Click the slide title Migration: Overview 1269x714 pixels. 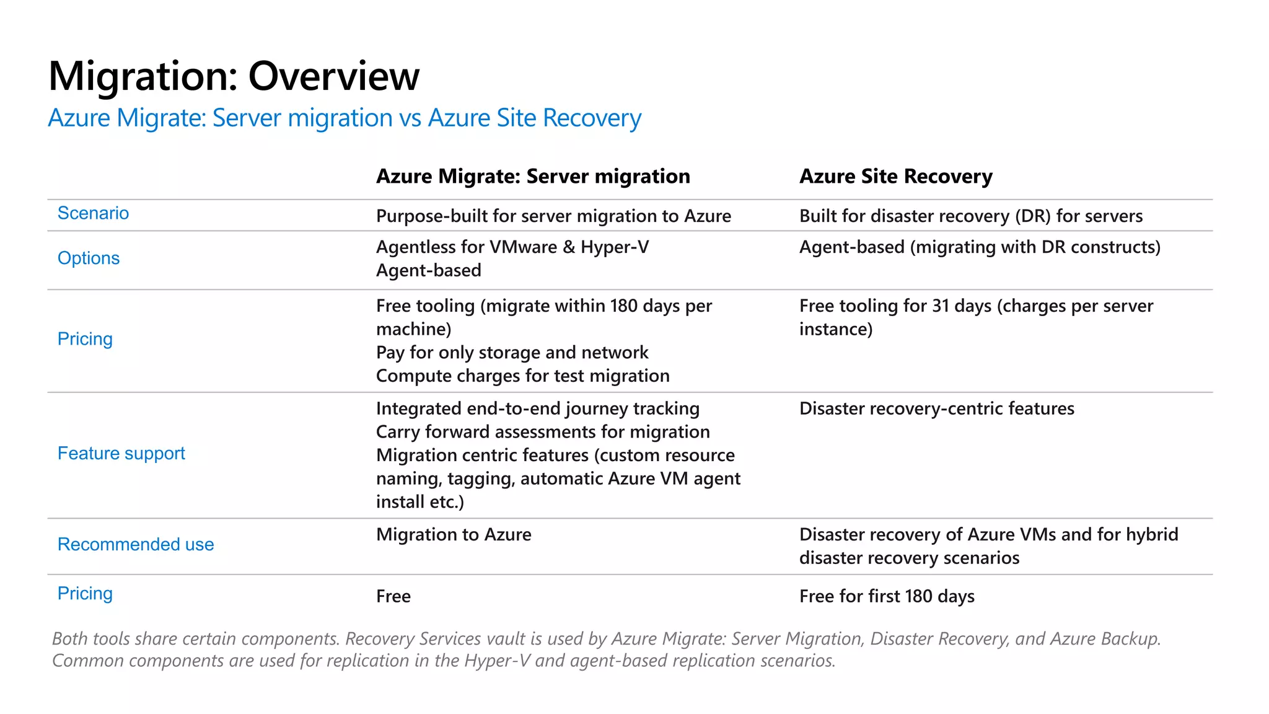(x=234, y=76)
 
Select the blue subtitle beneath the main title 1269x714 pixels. (x=345, y=118)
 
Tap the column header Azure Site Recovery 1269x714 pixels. (x=895, y=177)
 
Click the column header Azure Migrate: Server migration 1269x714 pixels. (x=533, y=177)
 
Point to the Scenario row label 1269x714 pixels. (x=93, y=213)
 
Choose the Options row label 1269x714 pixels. (x=89, y=258)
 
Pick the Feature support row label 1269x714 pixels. (x=121, y=454)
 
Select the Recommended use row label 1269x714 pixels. (x=136, y=545)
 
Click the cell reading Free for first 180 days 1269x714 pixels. (x=887, y=596)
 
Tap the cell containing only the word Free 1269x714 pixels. (x=393, y=596)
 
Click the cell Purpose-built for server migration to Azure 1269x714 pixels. (x=553, y=216)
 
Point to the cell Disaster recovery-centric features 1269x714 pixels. (x=936, y=409)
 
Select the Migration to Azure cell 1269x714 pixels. (x=454, y=535)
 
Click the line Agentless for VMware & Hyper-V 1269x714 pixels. (x=512, y=247)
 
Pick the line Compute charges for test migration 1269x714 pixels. (x=522, y=376)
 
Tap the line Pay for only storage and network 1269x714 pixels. (x=512, y=353)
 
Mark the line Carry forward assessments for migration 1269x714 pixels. (x=543, y=432)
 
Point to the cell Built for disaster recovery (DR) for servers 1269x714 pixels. (x=970, y=216)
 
